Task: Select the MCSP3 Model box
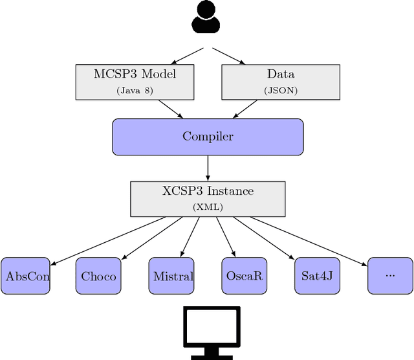135,82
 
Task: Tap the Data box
280,82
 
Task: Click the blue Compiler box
208,137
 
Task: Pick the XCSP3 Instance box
208,199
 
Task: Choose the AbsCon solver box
25,276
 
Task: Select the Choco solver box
99,276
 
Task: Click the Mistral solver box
172,276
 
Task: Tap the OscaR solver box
245,276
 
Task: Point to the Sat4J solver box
318,276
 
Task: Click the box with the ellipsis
390,276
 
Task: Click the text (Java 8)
135,91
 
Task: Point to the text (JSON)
280,91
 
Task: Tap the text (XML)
208,208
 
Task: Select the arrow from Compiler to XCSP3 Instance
208,168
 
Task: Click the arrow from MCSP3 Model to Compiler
169,109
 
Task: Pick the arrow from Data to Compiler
246,109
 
